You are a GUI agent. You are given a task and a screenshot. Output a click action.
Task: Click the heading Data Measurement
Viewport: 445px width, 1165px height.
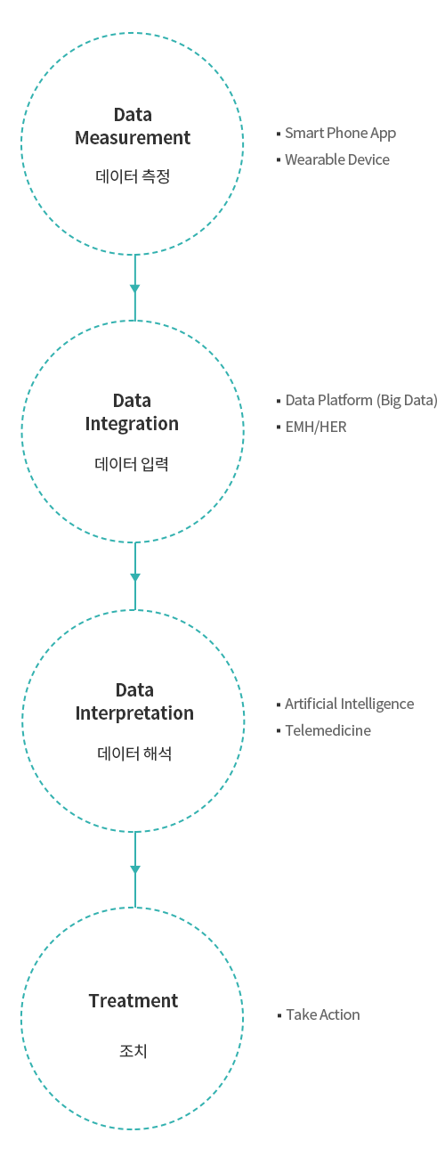[133, 126]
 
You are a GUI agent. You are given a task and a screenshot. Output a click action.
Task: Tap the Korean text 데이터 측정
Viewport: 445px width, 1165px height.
[133, 176]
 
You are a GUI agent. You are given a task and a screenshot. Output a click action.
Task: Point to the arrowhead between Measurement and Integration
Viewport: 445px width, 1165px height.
[135, 289]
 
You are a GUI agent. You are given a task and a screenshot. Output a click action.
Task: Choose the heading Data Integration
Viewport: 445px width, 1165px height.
[132, 412]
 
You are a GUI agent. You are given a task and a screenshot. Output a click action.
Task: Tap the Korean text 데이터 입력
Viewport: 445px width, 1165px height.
[132, 463]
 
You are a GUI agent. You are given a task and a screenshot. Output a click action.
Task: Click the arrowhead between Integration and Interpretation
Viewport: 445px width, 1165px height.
[135, 577]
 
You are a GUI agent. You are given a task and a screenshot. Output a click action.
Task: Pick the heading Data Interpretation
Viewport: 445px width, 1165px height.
[134, 702]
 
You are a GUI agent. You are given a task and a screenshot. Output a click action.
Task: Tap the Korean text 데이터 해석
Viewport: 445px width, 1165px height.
[134, 754]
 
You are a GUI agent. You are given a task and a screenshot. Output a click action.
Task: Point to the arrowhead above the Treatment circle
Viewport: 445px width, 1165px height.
[135, 869]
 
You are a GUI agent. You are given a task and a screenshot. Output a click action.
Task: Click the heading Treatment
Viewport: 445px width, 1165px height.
[133, 1000]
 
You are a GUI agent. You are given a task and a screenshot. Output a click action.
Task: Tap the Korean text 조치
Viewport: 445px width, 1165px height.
[133, 1051]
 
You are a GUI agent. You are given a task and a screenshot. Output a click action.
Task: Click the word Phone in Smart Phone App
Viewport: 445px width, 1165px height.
[347, 133]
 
